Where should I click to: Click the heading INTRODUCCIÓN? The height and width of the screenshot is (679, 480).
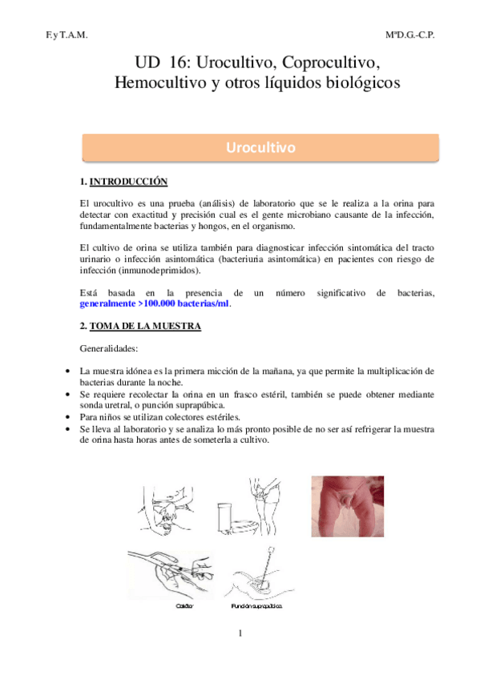(128, 182)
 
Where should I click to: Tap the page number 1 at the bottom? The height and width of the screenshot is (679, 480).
(239, 634)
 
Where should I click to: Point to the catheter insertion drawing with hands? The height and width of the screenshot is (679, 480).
(164, 570)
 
